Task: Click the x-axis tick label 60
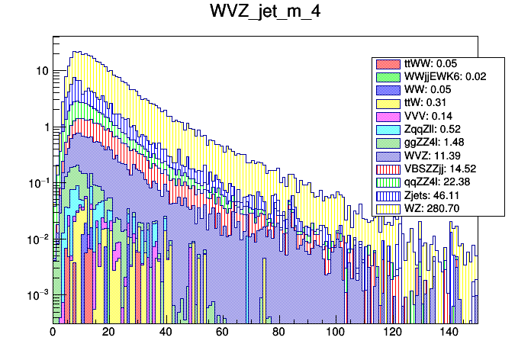point(222,333)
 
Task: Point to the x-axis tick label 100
point(335,333)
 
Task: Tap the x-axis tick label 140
point(448,333)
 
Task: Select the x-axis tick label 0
point(53,333)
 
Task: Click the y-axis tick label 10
point(42,71)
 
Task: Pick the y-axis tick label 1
point(46,127)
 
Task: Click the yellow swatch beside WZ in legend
point(388,208)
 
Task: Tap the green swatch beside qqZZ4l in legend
point(388,182)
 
